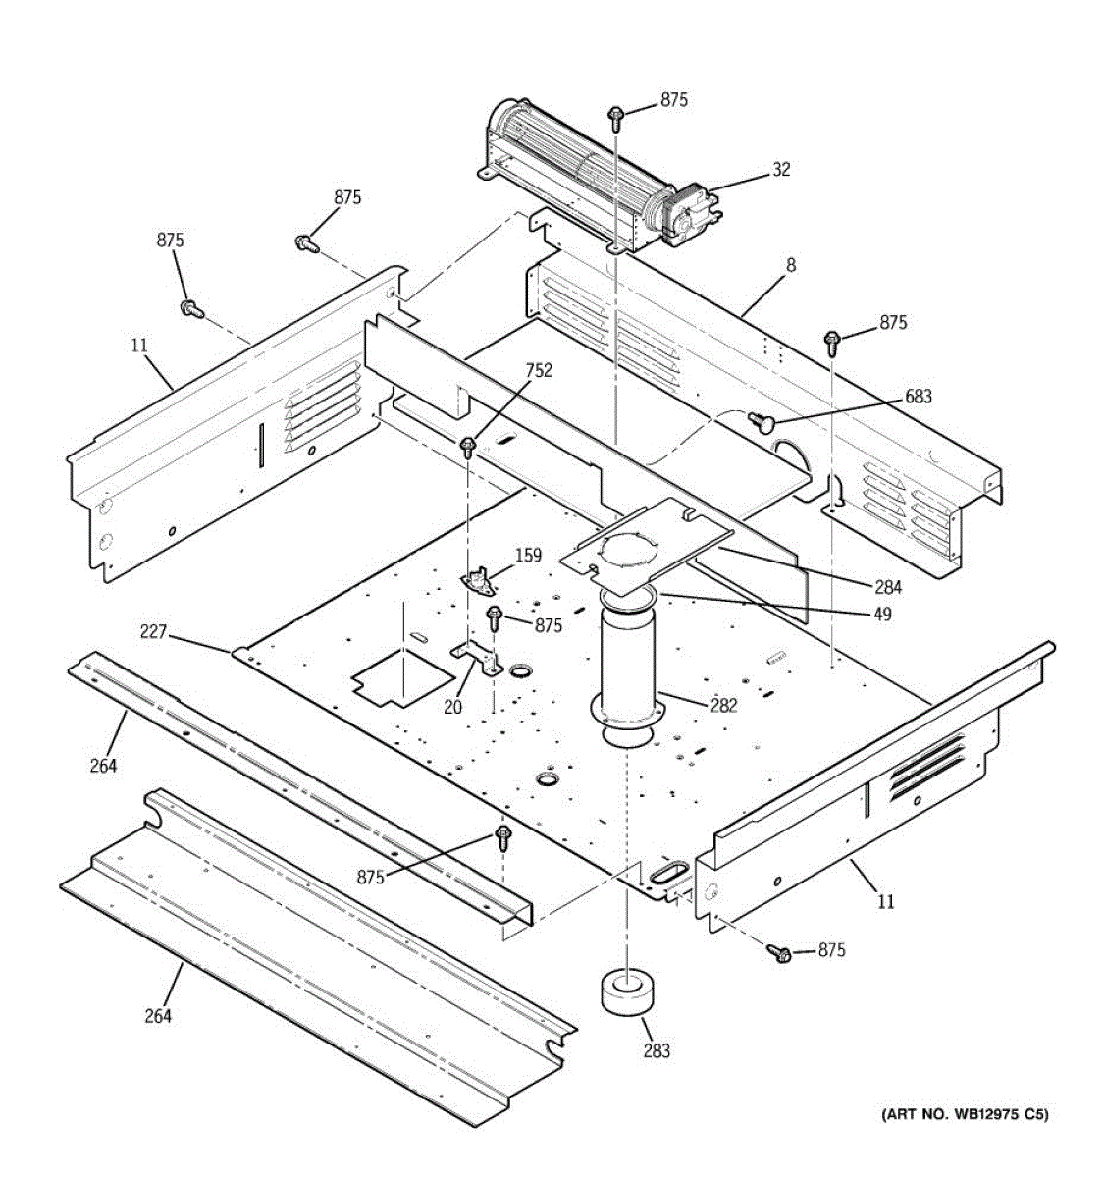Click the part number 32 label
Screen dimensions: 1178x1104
[x=780, y=170]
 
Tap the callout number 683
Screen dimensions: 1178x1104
[x=919, y=397]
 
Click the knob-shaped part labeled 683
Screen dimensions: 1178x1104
[x=762, y=422]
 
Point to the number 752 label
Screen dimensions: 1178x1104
[x=539, y=370]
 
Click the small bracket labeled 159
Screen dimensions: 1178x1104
[x=478, y=581]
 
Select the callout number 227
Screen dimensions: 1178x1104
[x=153, y=633]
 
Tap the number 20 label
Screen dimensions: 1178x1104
[x=451, y=705]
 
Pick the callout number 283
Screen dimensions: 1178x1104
[x=657, y=1050]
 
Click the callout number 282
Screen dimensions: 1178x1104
[x=724, y=705]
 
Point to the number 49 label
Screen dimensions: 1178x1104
[x=882, y=614]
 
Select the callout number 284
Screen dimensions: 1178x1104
[x=887, y=588]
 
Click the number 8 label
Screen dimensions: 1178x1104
[x=791, y=265]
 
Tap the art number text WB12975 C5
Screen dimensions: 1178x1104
[x=966, y=1114]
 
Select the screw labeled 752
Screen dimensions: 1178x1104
[x=468, y=449]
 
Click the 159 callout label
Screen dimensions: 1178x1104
[x=528, y=556]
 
